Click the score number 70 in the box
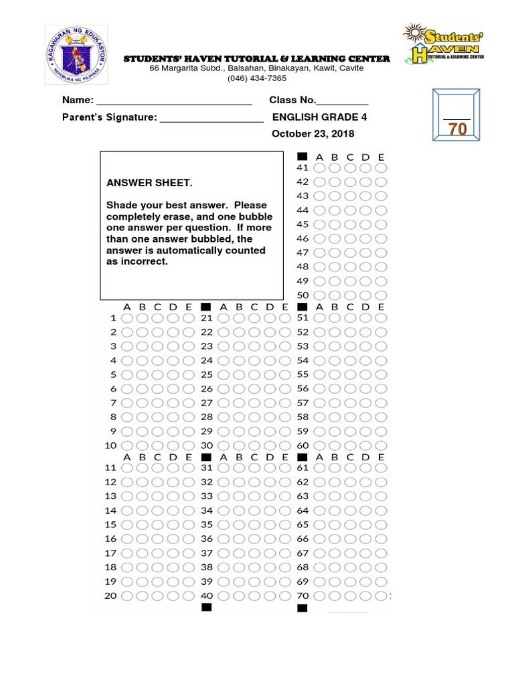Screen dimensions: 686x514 coord(458,129)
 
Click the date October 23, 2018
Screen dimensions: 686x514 coord(313,134)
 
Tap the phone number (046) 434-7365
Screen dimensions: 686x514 coord(257,78)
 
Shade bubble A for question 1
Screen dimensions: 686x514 coord(127,318)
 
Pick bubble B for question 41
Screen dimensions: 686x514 coord(335,167)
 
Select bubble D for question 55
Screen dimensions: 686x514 coord(365,374)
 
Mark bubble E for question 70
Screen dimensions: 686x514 coord(381,596)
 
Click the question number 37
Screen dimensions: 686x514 coord(206,553)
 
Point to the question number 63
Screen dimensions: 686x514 coord(303,496)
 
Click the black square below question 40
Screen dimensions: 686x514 coord(206,608)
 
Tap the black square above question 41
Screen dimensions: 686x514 coord(302,156)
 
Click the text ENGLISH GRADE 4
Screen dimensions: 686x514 coord(319,117)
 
